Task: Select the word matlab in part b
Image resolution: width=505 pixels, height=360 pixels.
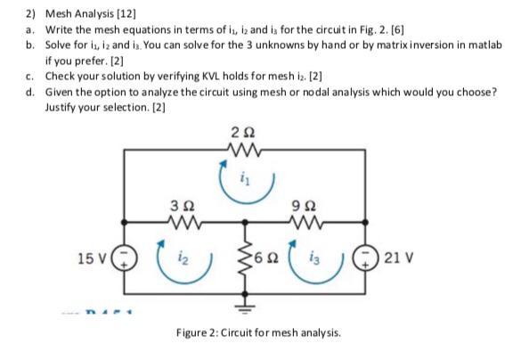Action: click(480, 42)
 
